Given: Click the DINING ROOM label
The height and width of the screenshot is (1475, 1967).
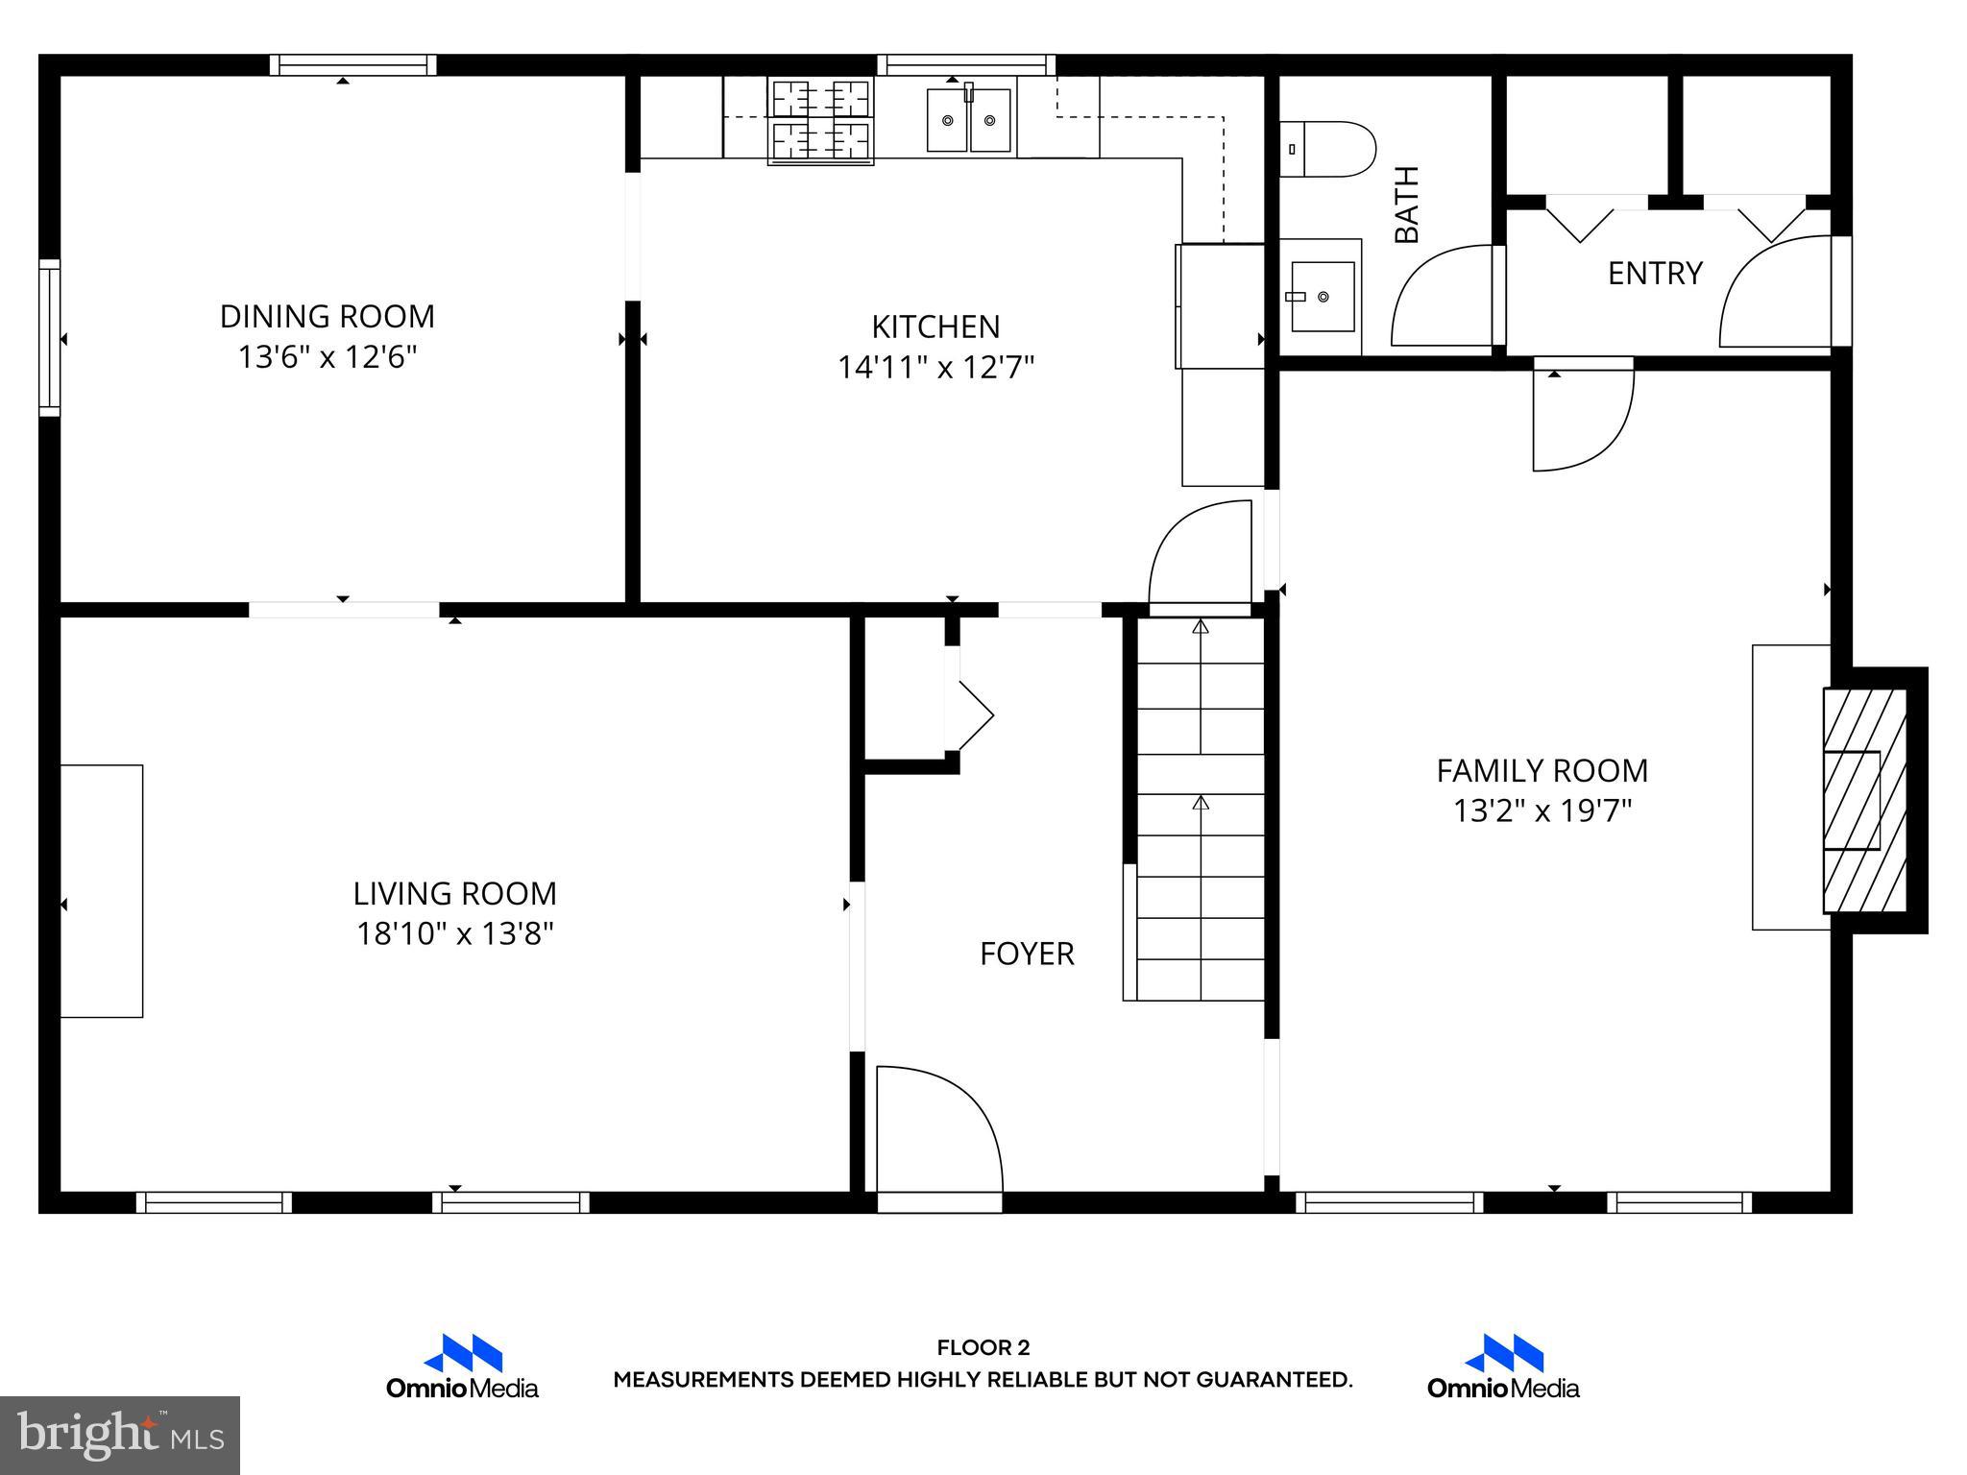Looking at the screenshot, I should coord(327,316).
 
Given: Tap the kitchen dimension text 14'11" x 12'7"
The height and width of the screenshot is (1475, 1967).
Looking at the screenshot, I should coord(935,368).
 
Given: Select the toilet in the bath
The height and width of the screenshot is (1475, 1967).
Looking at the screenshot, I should coord(1327,149).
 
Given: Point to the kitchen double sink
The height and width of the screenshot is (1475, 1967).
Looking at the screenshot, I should coord(968,120).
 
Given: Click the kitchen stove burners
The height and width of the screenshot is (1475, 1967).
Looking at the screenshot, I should coord(820,121).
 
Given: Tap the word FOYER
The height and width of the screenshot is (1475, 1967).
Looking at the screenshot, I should coord(1027,954).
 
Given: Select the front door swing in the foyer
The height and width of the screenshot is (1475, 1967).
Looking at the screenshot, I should coord(936,1133).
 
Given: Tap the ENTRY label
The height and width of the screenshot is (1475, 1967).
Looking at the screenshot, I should coord(1655,274).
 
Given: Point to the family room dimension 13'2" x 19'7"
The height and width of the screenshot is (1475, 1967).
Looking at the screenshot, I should coord(1542,811).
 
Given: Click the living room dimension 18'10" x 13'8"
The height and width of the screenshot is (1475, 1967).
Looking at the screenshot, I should coord(455,933).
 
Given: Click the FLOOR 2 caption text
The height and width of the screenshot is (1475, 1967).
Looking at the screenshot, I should coord(983,1348).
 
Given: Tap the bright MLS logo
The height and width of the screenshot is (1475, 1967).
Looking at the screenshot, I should coord(119,1435).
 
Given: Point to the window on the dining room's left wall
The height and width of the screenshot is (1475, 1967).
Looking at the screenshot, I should coord(49,338).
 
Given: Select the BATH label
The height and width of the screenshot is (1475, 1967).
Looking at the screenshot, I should coord(1406,205).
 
